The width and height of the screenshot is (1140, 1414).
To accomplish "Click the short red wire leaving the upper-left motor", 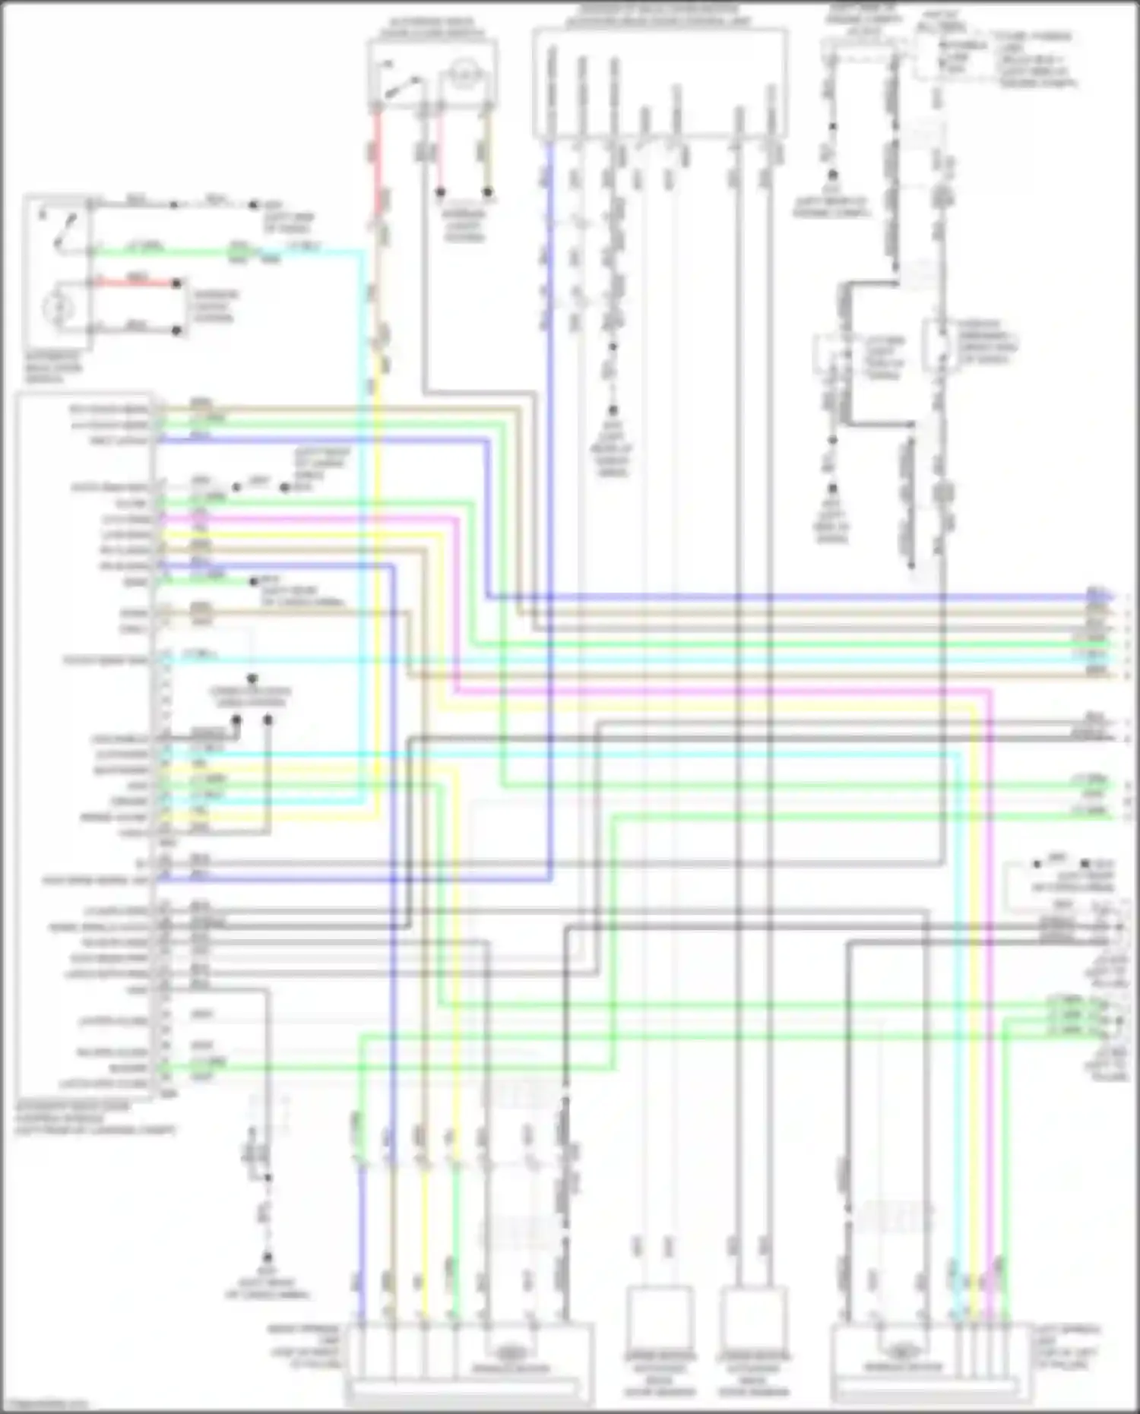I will pos(137,283).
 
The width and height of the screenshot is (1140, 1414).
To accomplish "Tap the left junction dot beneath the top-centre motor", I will pos(440,192).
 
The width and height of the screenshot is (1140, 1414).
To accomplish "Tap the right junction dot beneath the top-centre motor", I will pos(488,192).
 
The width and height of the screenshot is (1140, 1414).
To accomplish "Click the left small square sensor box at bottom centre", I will pos(659,1318).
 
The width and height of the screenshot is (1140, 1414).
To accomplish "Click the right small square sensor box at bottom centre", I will pos(753,1318).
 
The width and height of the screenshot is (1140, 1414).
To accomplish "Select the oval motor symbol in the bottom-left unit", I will pos(514,1353).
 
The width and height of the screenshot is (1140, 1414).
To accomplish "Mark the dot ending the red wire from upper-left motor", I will pos(176,283).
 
